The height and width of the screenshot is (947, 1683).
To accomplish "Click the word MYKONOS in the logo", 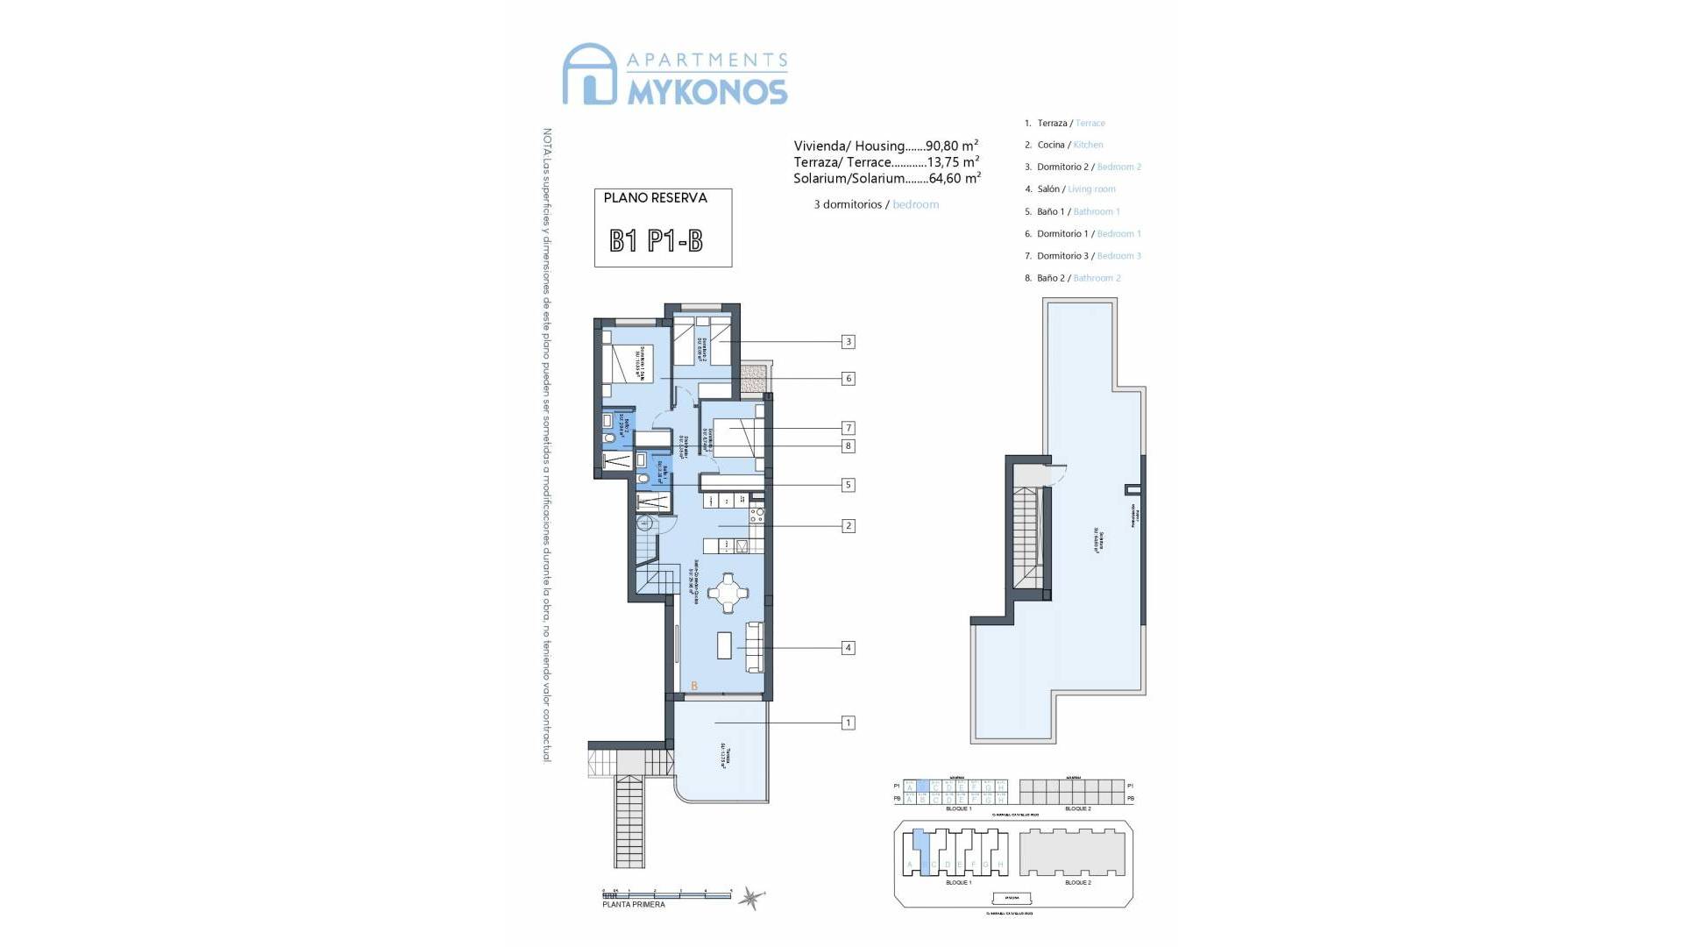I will click(x=707, y=91).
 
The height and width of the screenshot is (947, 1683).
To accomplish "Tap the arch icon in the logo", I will click(x=588, y=75).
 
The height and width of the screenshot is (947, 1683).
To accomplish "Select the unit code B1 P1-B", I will click(x=656, y=241).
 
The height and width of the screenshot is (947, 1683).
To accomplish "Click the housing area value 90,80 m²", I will click(x=951, y=146).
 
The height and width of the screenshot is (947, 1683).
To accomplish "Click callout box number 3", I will click(x=848, y=342).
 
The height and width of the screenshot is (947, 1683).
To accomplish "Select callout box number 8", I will click(x=848, y=446).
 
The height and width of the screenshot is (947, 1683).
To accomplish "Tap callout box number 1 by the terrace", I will click(x=848, y=723).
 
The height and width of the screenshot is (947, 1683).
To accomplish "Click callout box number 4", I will click(x=848, y=648).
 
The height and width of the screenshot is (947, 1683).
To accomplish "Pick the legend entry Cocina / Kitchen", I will click(x=1069, y=145).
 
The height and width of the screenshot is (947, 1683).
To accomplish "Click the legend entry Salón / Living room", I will click(x=1076, y=189).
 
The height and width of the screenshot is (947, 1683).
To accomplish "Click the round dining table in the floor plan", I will click(x=728, y=592).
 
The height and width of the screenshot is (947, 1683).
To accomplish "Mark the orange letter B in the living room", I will click(x=694, y=686).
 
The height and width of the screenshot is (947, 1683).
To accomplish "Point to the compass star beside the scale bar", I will click(x=751, y=897).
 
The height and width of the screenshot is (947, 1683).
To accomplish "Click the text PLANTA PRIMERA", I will click(x=633, y=904).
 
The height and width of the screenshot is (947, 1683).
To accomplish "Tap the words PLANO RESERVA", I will click(x=655, y=198).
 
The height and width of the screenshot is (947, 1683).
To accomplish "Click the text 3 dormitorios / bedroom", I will click(x=876, y=204).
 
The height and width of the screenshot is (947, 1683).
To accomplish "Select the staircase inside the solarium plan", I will click(x=1026, y=538).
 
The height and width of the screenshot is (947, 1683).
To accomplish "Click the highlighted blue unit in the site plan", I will click(x=920, y=849).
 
